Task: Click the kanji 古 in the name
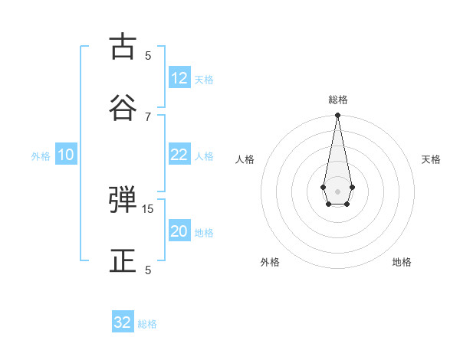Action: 123,47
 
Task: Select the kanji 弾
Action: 123,201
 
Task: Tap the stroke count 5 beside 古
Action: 148,55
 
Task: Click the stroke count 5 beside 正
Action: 148,270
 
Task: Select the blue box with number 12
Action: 179,78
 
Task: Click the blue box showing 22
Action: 179,155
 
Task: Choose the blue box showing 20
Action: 179,231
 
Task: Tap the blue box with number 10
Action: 66,155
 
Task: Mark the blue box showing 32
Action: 123,322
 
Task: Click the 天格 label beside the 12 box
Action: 204,80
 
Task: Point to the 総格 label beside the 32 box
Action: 147,324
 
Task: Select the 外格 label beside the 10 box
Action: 41,156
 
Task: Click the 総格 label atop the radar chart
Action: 338,100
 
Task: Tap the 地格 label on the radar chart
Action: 402,262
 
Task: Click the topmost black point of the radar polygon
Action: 337,116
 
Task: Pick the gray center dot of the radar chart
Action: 337,190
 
